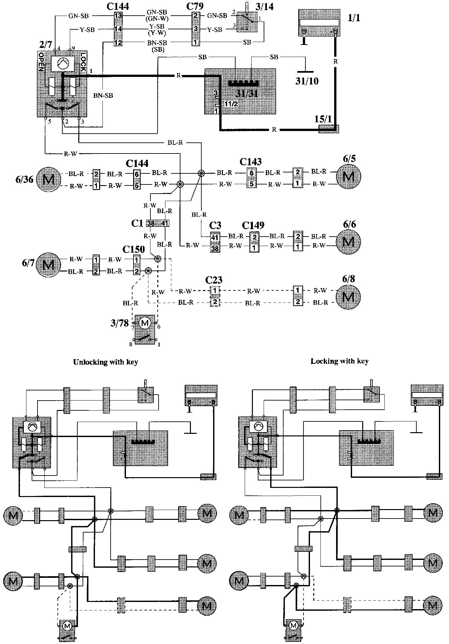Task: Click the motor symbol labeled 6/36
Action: (x=48, y=180)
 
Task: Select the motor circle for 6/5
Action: (x=349, y=176)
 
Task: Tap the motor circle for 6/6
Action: (x=349, y=242)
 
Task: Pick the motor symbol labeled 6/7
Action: (x=48, y=265)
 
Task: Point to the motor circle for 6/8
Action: (x=349, y=297)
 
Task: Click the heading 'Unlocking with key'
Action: (x=105, y=362)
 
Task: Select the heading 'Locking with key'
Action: (x=339, y=361)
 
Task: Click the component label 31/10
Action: (x=307, y=81)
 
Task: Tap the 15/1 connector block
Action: (x=328, y=129)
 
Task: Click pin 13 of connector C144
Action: (x=118, y=16)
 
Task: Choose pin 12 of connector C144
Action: (x=118, y=42)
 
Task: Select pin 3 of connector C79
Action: (x=195, y=29)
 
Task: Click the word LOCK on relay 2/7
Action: (x=83, y=62)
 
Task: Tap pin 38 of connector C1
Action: (x=151, y=223)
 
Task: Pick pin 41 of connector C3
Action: (x=215, y=237)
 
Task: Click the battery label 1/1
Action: (x=354, y=18)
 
